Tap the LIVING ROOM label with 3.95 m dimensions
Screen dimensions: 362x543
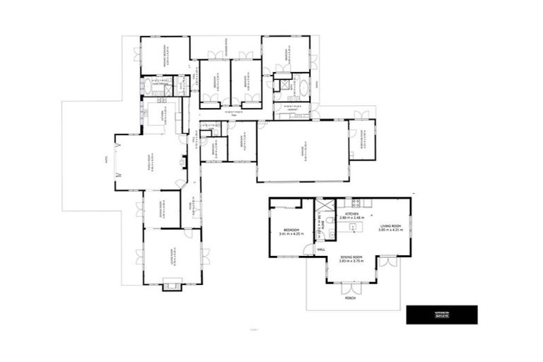pos(390,226)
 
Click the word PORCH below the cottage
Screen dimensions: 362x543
pos(351,298)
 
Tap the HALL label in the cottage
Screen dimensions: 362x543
pos(320,250)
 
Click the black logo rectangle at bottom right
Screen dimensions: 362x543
pos(442,315)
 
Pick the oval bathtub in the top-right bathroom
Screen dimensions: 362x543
pos(303,88)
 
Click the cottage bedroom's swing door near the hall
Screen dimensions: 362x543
pos(308,249)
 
